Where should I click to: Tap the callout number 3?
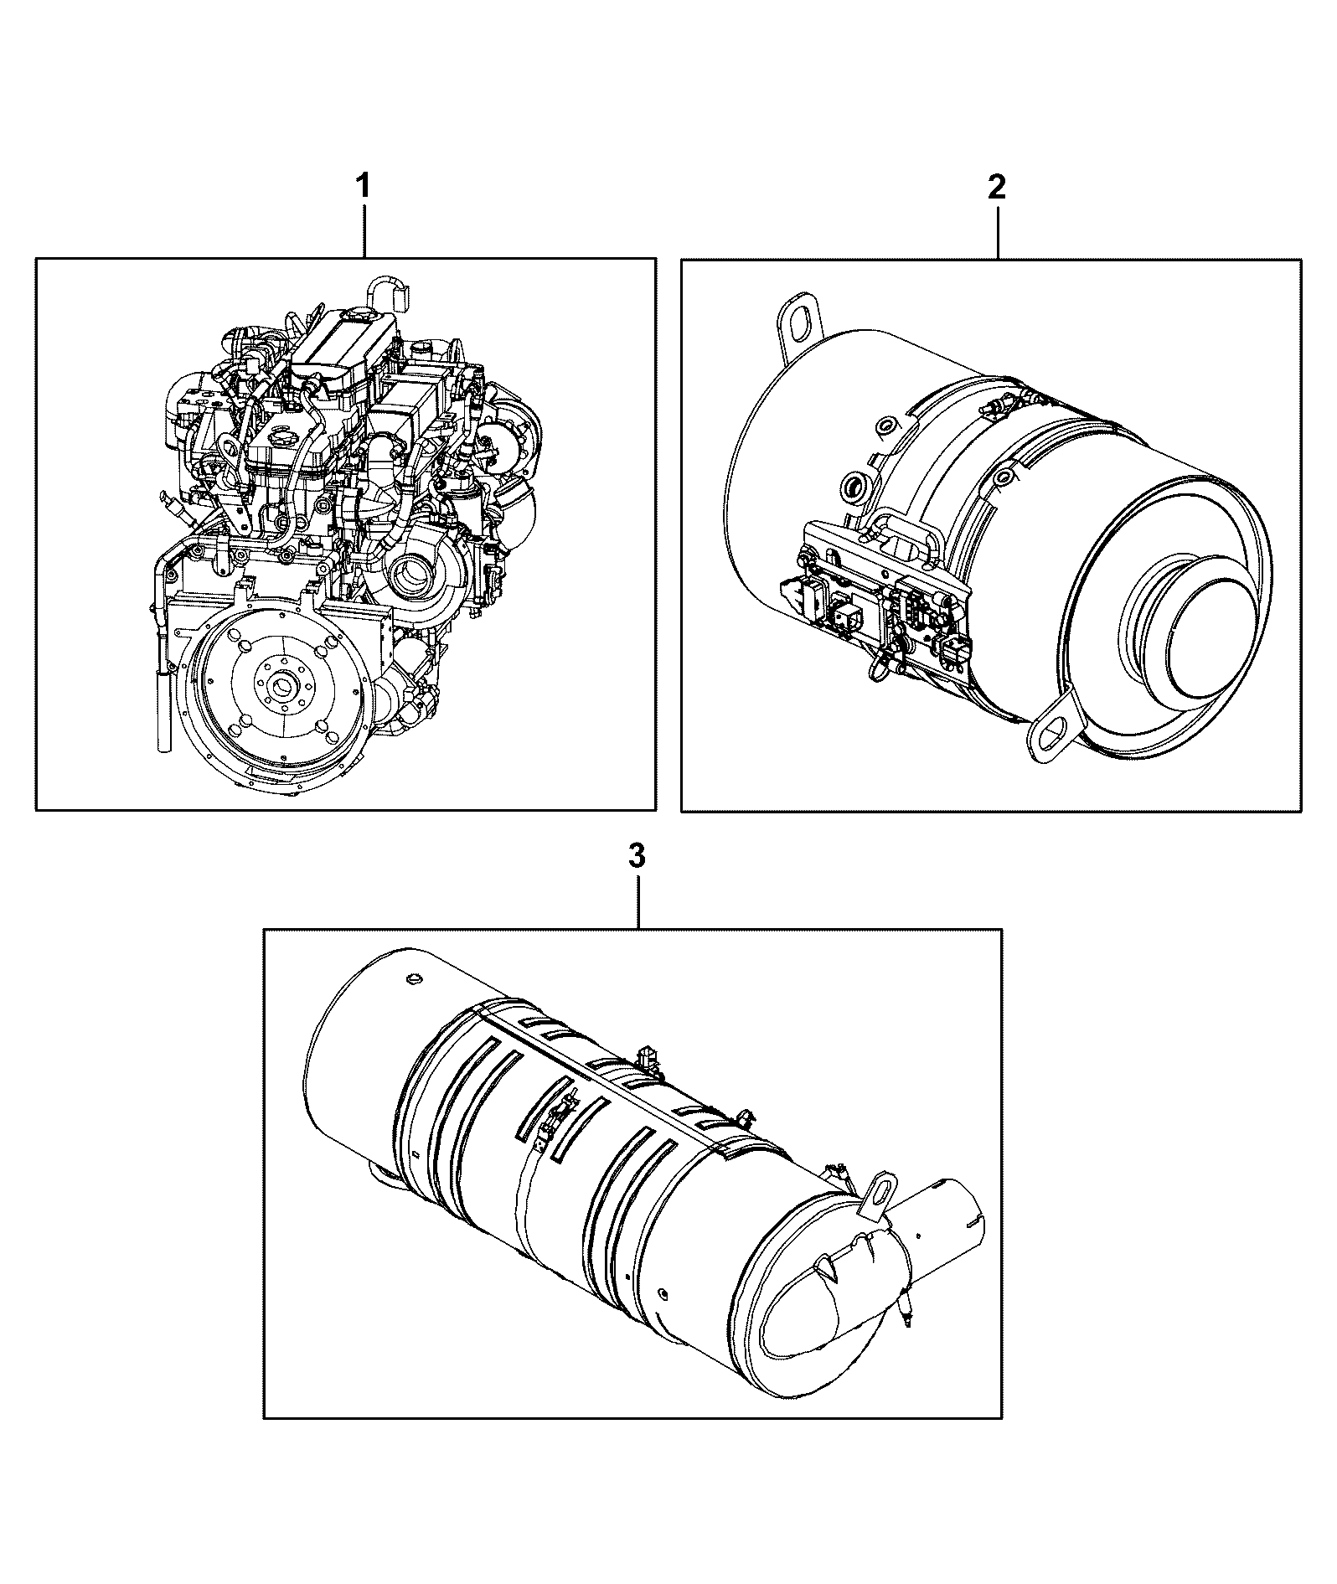[x=637, y=855]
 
